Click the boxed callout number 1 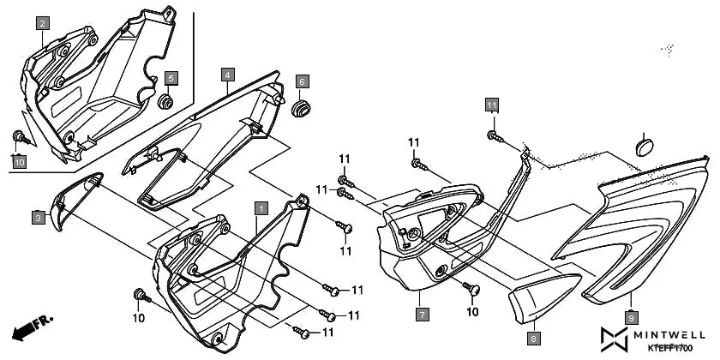[x=261, y=207]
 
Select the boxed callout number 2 [x=42, y=24]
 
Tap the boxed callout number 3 [x=39, y=218]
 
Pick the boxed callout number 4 [x=226, y=75]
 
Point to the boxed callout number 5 [x=171, y=79]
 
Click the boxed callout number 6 [x=302, y=81]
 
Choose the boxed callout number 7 [x=422, y=315]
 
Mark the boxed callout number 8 [x=532, y=339]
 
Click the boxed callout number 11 [x=492, y=105]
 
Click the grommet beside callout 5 [x=166, y=104]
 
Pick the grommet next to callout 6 [x=301, y=109]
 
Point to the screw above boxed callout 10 [x=19, y=138]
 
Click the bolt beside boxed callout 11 [x=495, y=135]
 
